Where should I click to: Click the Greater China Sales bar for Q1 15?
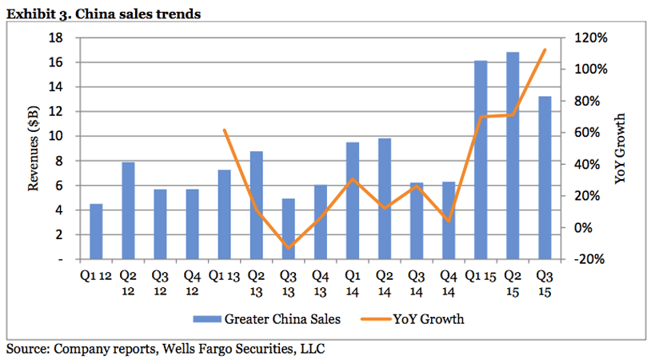pos(481,160)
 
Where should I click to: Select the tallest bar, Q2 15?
pos(513,156)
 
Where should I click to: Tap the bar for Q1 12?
pos(96,231)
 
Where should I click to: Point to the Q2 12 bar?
pos(128,210)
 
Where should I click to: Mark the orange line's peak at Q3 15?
pos(545,50)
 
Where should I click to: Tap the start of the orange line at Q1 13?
pos(225,130)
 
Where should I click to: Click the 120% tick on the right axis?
pos(591,38)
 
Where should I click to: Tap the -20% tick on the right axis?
pos(591,259)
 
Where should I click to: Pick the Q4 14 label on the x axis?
pos(449,280)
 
